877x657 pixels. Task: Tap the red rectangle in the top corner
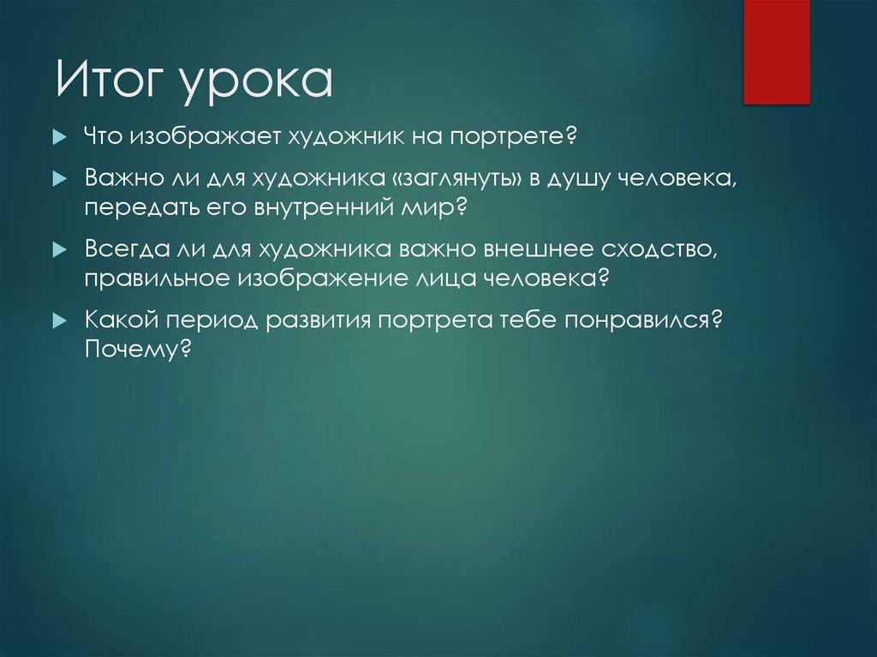click(776, 51)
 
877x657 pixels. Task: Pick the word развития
click(318, 320)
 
